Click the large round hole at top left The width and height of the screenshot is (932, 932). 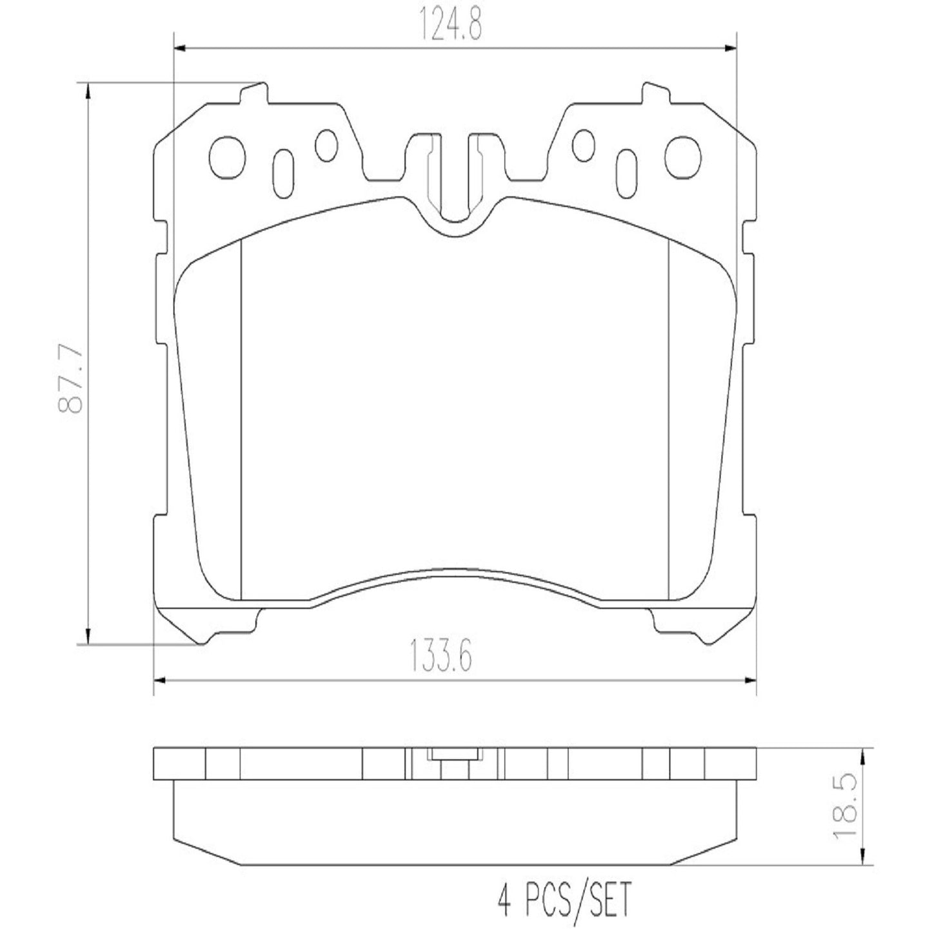point(228,155)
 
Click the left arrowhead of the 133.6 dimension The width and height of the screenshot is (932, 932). point(160,679)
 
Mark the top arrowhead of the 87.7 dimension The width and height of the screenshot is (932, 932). point(87,90)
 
